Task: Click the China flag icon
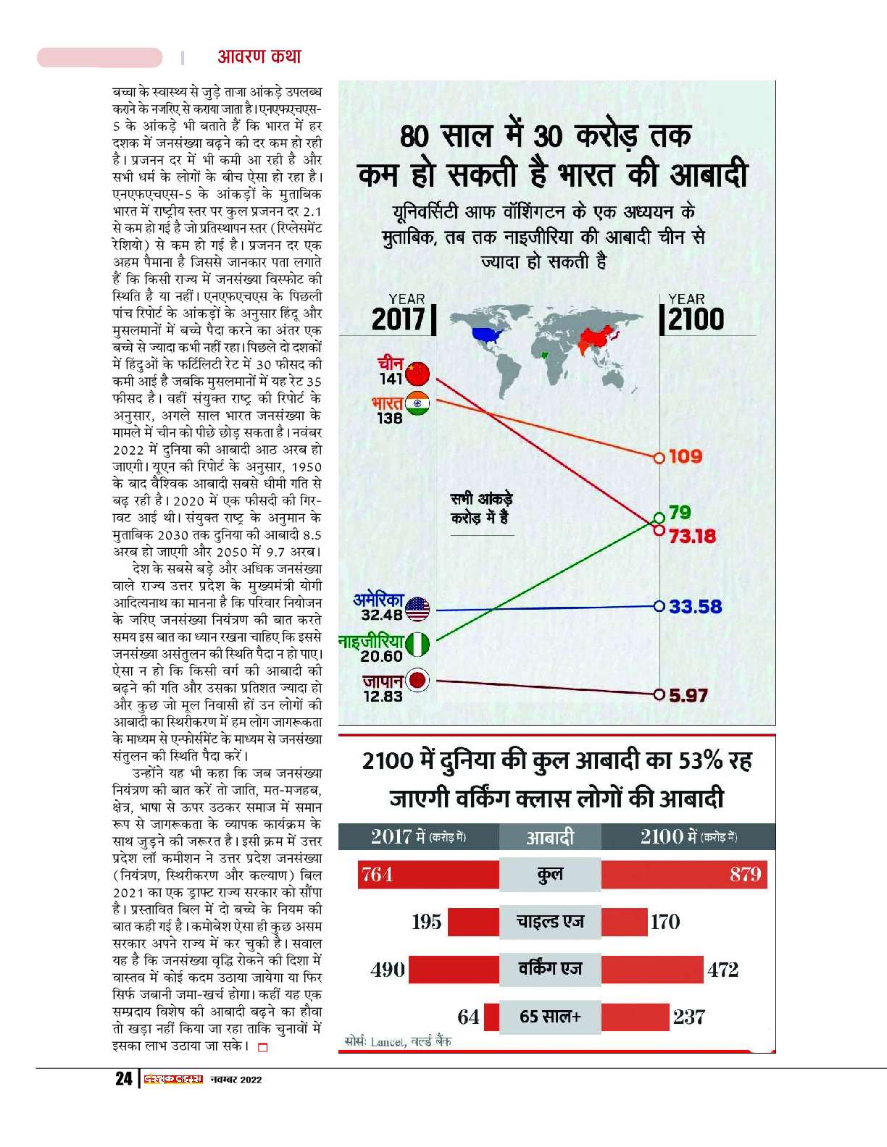417,374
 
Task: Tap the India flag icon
417,404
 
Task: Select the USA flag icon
417,609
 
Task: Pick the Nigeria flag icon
417,644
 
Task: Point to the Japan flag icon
417,681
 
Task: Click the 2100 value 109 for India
685,457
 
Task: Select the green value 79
680,513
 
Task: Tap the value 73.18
692,537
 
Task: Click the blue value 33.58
695,607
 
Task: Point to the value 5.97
688,696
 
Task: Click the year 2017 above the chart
398,319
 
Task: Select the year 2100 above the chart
696,319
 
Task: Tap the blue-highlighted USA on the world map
486,335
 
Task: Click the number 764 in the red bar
377,875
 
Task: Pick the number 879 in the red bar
745,875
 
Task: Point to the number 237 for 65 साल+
688,1017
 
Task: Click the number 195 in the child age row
426,922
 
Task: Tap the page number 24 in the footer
124,1079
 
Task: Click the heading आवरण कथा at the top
259,56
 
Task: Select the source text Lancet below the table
387,1042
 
